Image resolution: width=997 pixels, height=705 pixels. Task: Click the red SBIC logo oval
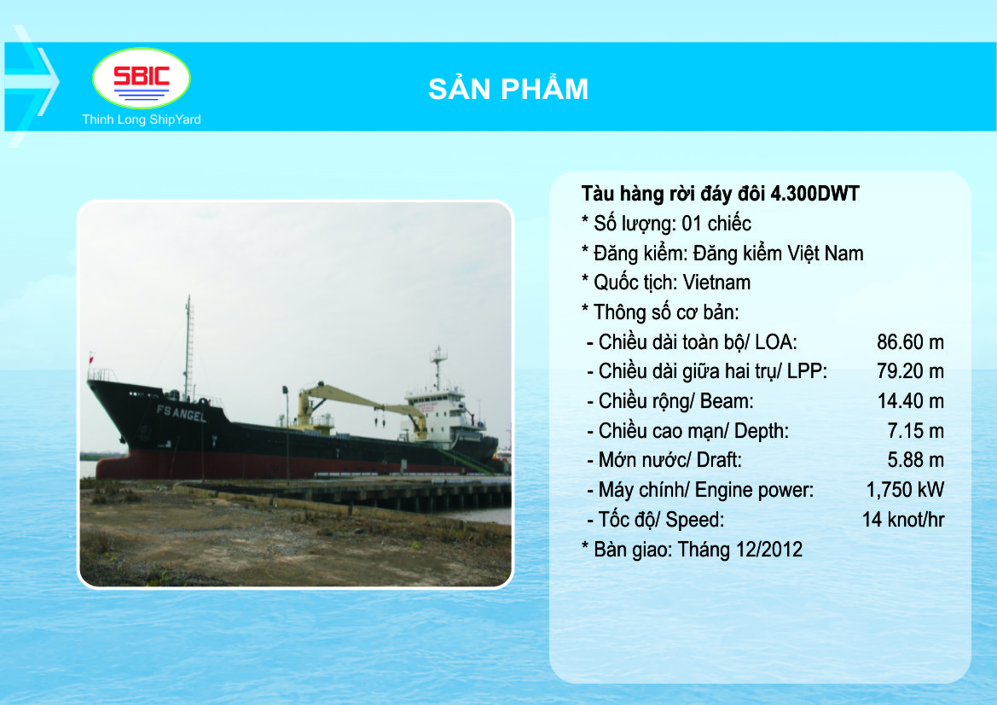point(142,79)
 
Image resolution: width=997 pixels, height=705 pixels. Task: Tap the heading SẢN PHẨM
point(508,88)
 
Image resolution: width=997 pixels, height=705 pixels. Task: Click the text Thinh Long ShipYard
point(142,119)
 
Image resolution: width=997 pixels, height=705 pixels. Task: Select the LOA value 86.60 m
point(910,342)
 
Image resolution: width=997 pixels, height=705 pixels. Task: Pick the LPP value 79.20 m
point(910,371)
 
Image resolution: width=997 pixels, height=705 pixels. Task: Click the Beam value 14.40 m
point(911,401)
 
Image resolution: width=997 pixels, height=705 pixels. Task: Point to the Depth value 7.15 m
point(916,431)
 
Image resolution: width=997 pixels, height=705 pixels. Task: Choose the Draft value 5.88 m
point(916,460)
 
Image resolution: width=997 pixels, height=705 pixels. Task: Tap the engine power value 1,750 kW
point(905,490)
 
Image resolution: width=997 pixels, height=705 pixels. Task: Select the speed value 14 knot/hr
point(903,520)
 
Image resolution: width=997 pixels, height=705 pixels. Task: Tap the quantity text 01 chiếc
point(716,224)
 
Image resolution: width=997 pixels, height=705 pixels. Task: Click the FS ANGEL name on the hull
point(181,414)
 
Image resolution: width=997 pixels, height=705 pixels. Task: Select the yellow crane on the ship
point(359,407)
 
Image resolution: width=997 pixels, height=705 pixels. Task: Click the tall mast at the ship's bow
point(188,347)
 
